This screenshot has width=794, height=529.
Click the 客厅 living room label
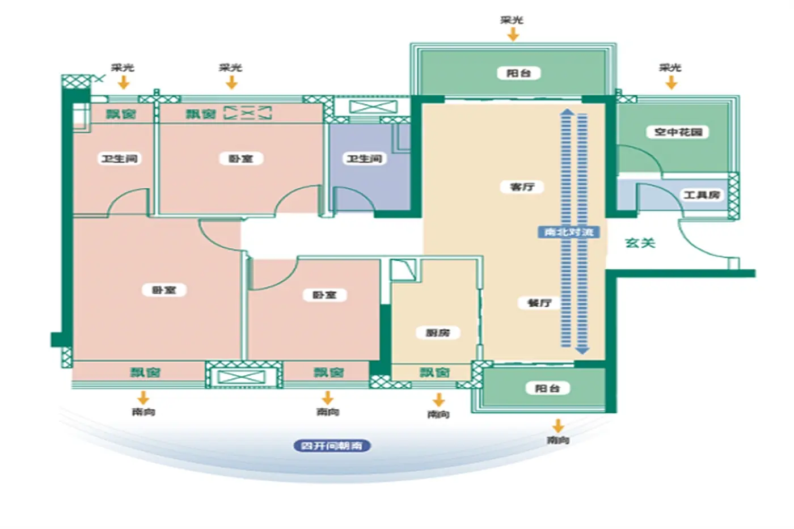522,187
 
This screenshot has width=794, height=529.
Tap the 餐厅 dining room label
539,303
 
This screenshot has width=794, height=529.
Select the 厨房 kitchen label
437,332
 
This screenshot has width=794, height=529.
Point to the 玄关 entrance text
640,243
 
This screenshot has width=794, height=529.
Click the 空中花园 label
678,132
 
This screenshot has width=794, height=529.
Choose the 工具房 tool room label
702,195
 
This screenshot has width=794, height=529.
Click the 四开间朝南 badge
332,446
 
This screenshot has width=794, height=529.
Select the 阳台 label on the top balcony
518,73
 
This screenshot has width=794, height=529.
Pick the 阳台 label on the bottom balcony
547,388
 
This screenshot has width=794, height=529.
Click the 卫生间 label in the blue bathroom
365,159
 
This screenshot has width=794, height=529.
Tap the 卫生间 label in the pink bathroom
119,159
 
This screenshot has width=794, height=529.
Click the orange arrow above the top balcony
513,35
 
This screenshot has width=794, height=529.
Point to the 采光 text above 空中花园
670,67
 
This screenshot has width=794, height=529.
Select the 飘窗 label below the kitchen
434,373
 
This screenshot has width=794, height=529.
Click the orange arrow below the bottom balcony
558,425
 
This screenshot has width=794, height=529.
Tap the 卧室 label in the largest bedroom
164,290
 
